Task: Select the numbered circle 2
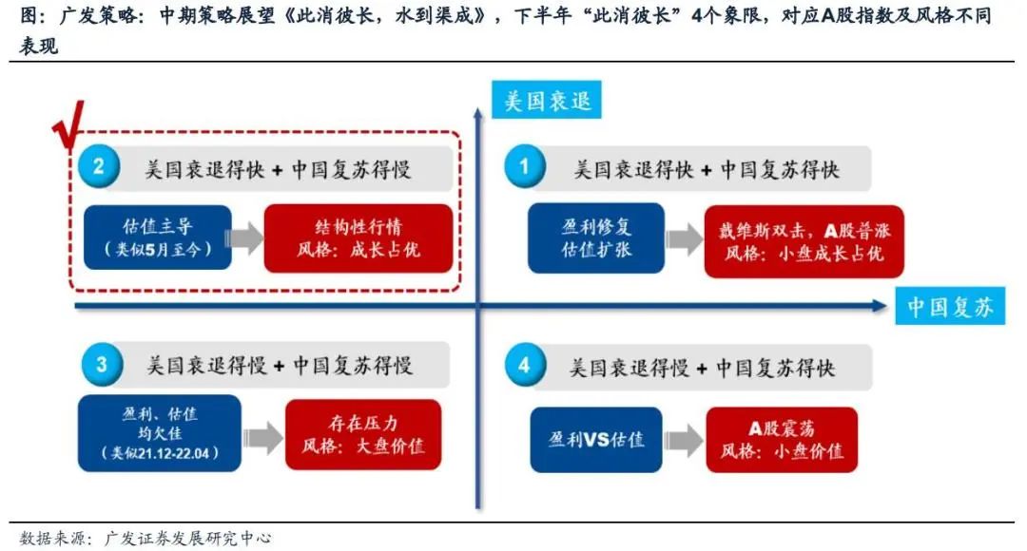point(99,168)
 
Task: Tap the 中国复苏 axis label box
point(949,307)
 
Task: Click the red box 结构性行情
point(358,237)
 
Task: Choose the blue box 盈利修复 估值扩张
point(596,238)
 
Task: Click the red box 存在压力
point(363,434)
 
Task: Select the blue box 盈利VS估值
point(596,440)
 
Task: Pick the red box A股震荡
point(782,440)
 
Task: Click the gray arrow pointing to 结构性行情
point(246,238)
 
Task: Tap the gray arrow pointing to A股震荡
point(683,441)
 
